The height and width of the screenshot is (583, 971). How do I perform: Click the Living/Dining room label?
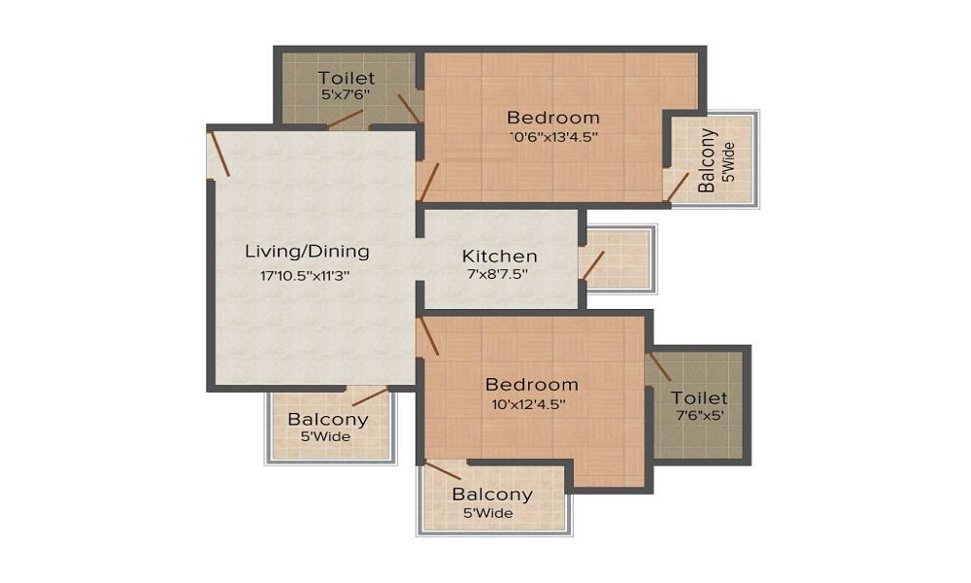(x=307, y=252)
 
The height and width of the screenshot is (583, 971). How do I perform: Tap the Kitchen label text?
(x=499, y=257)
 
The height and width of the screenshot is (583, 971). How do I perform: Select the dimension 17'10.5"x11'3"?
(x=305, y=275)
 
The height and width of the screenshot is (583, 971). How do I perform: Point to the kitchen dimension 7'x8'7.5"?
(x=499, y=275)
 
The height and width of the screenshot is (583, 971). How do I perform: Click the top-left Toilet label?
(x=346, y=78)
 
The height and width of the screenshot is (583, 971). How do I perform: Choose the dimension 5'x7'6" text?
(x=346, y=95)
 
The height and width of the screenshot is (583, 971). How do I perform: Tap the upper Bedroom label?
(x=553, y=118)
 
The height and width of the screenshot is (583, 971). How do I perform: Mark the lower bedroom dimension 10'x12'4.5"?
(x=532, y=402)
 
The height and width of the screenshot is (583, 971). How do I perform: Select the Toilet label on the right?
(x=699, y=397)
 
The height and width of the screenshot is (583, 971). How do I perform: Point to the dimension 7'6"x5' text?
(x=699, y=415)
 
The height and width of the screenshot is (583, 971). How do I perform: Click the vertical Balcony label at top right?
(x=708, y=160)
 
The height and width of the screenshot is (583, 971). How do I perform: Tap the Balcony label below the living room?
(x=328, y=420)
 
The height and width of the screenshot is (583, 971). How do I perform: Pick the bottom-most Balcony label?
(x=492, y=495)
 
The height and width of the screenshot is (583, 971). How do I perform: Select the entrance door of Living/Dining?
(x=219, y=154)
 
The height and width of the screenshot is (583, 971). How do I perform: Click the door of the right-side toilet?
(x=660, y=366)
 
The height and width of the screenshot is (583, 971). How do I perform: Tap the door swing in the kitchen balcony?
(x=593, y=264)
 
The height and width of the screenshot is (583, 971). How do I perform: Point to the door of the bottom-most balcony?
(x=443, y=470)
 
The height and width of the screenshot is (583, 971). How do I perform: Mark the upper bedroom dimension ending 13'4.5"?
(x=553, y=137)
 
